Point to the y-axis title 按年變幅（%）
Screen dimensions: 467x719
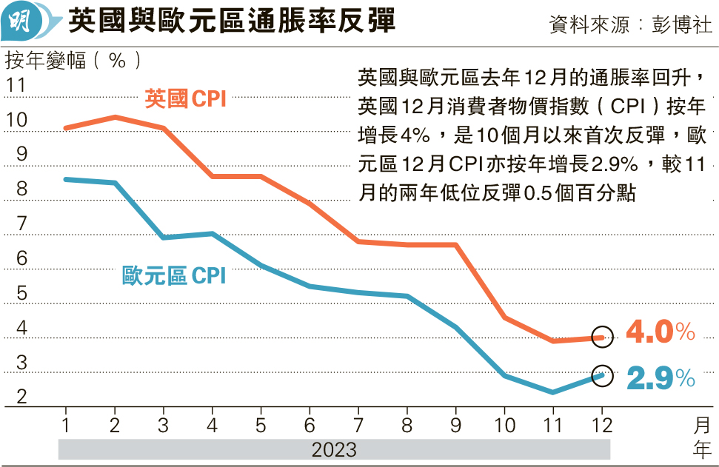coord(74,60)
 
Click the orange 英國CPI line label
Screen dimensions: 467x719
coord(185,98)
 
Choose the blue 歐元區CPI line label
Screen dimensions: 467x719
coord(173,277)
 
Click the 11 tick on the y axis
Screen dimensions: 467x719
coord(16,85)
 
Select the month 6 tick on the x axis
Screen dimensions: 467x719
coord(310,426)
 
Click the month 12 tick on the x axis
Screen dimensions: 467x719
coord(601,426)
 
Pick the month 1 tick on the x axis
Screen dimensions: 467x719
coord(66,426)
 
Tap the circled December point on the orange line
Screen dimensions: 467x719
coord(603,337)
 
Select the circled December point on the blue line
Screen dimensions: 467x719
coord(603,375)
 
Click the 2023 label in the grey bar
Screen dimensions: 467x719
coord(334,449)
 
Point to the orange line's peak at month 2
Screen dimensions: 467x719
coord(115,117)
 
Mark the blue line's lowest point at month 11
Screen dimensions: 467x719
coord(553,392)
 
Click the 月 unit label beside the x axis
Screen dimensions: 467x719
coord(702,426)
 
